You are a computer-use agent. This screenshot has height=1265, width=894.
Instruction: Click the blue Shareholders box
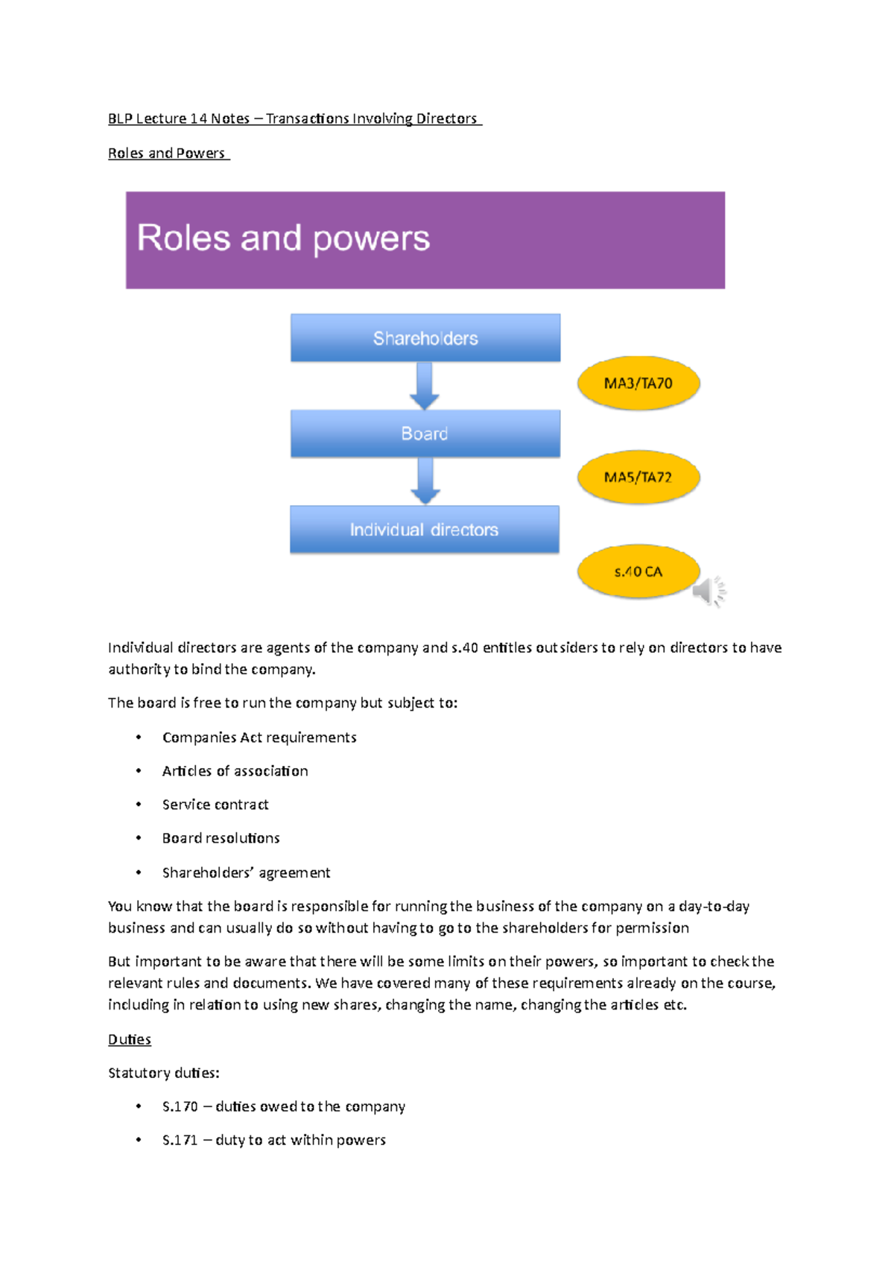point(425,338)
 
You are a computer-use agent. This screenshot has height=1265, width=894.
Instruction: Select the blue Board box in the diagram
point(425,434)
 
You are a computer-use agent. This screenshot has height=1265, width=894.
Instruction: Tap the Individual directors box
point(424,530)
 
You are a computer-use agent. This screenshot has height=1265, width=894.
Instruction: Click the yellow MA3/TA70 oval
point(638,383)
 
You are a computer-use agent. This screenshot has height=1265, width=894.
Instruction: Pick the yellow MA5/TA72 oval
point(638,477)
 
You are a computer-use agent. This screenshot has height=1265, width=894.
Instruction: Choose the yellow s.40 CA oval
point(638,571)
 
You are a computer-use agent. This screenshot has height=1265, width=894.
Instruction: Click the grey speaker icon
point(708,592)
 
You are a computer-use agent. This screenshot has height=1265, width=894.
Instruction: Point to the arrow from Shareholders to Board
point(425,386)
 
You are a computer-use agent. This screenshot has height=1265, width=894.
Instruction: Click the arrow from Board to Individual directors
point(425,481)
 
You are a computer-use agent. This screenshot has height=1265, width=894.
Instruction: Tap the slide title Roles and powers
point(283,238)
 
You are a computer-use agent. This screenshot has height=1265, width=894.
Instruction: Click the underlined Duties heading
point(130,1039)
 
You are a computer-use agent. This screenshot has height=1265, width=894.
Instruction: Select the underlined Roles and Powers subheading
point(167,153)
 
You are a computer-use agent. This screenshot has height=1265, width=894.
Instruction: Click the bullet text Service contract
point(215,805)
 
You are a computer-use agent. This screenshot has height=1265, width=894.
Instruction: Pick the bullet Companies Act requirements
point(259,738)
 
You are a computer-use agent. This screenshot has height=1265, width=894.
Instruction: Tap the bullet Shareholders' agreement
point(246,872)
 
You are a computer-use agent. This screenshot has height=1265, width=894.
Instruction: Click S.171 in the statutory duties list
point(180,1140)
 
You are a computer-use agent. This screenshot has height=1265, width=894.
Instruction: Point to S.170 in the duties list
point(180,1106)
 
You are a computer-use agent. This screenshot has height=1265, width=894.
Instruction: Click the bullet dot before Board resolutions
point(139,838)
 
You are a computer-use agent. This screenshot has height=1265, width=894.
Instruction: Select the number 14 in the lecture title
point(198,118)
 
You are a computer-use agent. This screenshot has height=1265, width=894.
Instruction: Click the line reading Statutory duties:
point(164,1073)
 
